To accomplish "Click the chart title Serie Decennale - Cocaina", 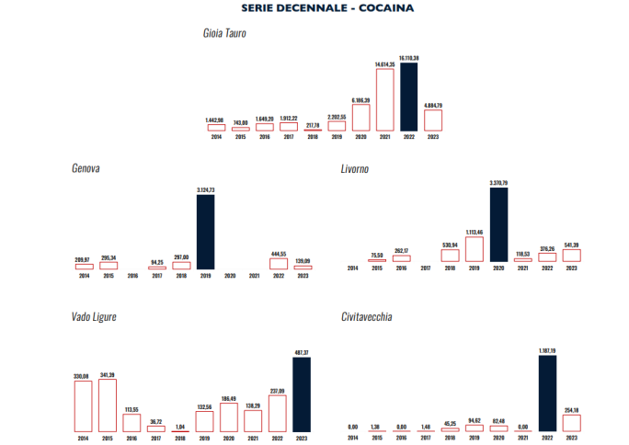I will coord(326,7).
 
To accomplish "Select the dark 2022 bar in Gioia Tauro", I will coord(408,97).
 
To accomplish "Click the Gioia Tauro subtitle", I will coord(224,34).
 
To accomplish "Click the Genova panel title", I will coord(86,168).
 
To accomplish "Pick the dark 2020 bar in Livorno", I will coord(499,225).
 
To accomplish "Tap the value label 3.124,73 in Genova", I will coord(206,189).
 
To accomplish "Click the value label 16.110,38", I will coord(409,58).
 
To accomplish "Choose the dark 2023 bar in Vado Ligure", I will coord(302,394).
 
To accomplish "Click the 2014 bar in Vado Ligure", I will coord(83,405).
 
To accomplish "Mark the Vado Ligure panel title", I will coord(94,317).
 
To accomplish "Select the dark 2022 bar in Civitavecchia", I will coord(547,394).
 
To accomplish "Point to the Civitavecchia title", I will coord(367,317).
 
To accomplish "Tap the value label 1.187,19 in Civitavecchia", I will coord(547,350).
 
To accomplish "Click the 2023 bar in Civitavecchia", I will coord(571,423).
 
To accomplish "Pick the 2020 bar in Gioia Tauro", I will coord(360,117).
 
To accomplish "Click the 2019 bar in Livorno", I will coord(475,250).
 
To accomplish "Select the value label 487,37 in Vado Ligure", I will coord(302,352).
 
